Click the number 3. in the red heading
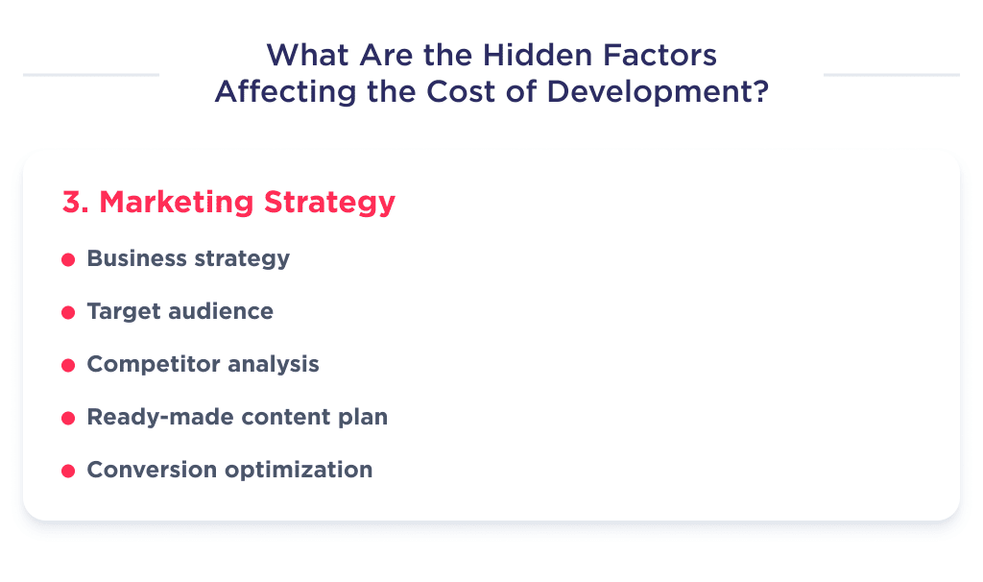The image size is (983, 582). coord(76,203)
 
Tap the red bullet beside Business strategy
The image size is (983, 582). coord(68,260)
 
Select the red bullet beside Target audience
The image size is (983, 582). coord(68,313)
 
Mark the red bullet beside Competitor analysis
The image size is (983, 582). coord(68,366)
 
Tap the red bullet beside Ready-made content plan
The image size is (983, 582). coord(68,419)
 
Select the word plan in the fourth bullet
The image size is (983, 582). coord(365,418)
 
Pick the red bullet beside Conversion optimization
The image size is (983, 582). coord(68,472)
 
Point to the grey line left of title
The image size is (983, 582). coord(91,74)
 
